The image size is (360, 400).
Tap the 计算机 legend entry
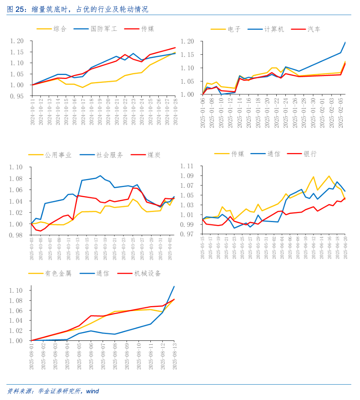[274, 29]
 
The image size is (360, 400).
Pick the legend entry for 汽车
[314, 29]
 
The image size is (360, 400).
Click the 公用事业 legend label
[58, 155]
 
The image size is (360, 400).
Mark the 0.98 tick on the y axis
[17, 236]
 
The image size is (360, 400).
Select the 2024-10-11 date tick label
[33, 112]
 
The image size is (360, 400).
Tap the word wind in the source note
[92, 391]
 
